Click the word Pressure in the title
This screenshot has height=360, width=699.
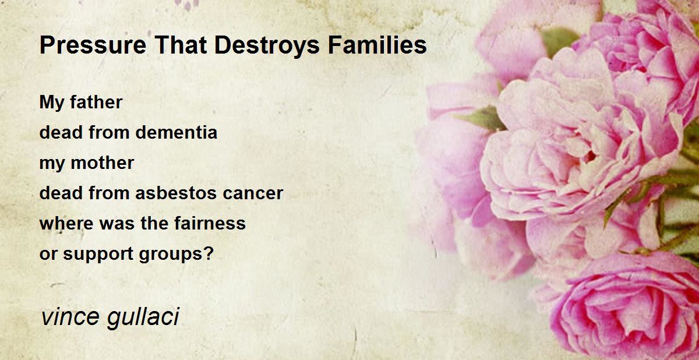93,45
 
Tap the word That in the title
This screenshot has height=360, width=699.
181,45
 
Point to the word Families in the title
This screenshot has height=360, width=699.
377,45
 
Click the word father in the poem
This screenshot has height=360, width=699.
96,102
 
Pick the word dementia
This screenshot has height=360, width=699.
176,132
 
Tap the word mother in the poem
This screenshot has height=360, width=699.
103,163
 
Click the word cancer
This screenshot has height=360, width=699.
253,193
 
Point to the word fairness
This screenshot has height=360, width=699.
210,223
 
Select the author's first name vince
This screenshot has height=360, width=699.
70,317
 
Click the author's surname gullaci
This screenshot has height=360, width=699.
143,317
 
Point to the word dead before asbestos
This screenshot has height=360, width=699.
61,193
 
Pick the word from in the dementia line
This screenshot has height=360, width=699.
109,132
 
